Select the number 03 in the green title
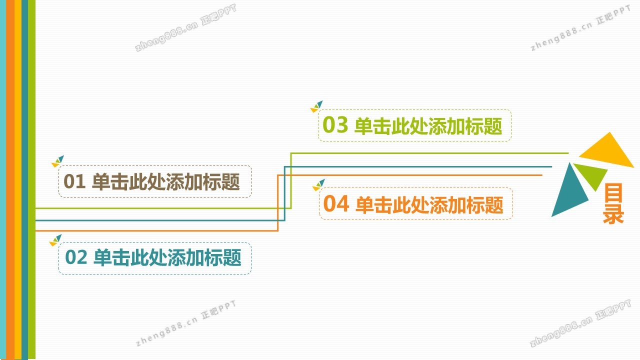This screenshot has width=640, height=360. pos(335,125)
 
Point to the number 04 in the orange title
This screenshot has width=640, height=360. pos(335,204)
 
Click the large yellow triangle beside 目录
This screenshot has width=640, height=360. pos(609,151)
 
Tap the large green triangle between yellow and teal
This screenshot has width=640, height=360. pos(592,174)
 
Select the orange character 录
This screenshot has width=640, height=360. pos(613,215)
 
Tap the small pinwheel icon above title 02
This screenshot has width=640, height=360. pos(55,240)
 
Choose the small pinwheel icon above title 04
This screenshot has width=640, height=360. pos(318,185)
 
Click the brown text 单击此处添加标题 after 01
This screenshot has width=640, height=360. pos(166,182)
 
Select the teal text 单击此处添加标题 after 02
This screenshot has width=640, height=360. pos(167,257)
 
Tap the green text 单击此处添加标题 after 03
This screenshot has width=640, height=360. pos(428,126)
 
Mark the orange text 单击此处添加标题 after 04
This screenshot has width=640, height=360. pos(429,204)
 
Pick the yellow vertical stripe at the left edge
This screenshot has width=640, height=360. pos(18,180)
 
